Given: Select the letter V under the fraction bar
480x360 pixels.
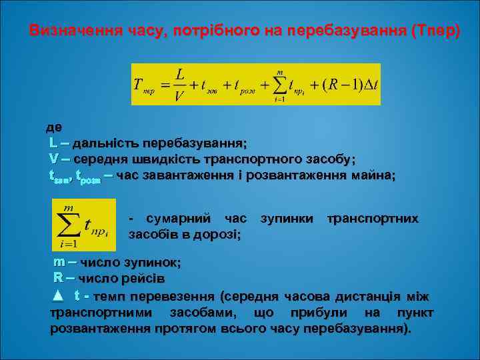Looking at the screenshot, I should (x=179, y=95).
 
